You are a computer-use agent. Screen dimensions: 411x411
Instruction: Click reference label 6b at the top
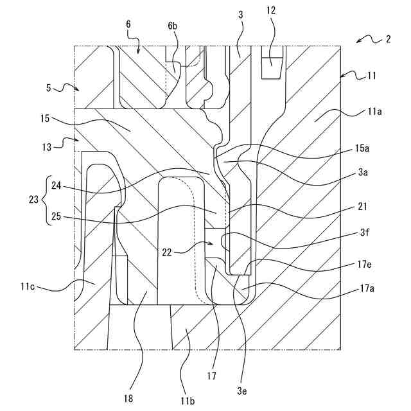coord(172,26)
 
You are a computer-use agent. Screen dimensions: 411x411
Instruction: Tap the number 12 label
coord(271,11)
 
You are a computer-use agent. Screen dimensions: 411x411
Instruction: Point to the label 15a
coord(362,148)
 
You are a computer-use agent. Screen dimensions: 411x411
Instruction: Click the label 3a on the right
coord(362,173)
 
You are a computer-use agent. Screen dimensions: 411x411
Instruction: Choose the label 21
coord(362,207)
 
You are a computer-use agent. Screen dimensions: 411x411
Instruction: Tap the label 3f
coord(365,232)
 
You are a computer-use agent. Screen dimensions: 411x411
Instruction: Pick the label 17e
coord(364,265)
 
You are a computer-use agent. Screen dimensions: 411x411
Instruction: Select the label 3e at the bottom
coord(241,391)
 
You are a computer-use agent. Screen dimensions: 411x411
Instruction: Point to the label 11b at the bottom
coord(187,401)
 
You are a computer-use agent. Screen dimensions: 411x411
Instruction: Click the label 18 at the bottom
coord(128,399)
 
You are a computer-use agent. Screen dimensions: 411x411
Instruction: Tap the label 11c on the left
coord(28,286)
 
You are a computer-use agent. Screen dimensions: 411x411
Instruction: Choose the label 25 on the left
coord(56,216)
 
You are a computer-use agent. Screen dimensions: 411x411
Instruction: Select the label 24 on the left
coord(56,186)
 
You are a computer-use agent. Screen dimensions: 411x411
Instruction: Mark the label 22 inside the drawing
coord(167,252)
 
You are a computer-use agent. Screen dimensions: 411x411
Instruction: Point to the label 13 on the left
coord(47,147)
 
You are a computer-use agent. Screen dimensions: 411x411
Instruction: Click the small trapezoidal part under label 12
coord(272,67)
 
